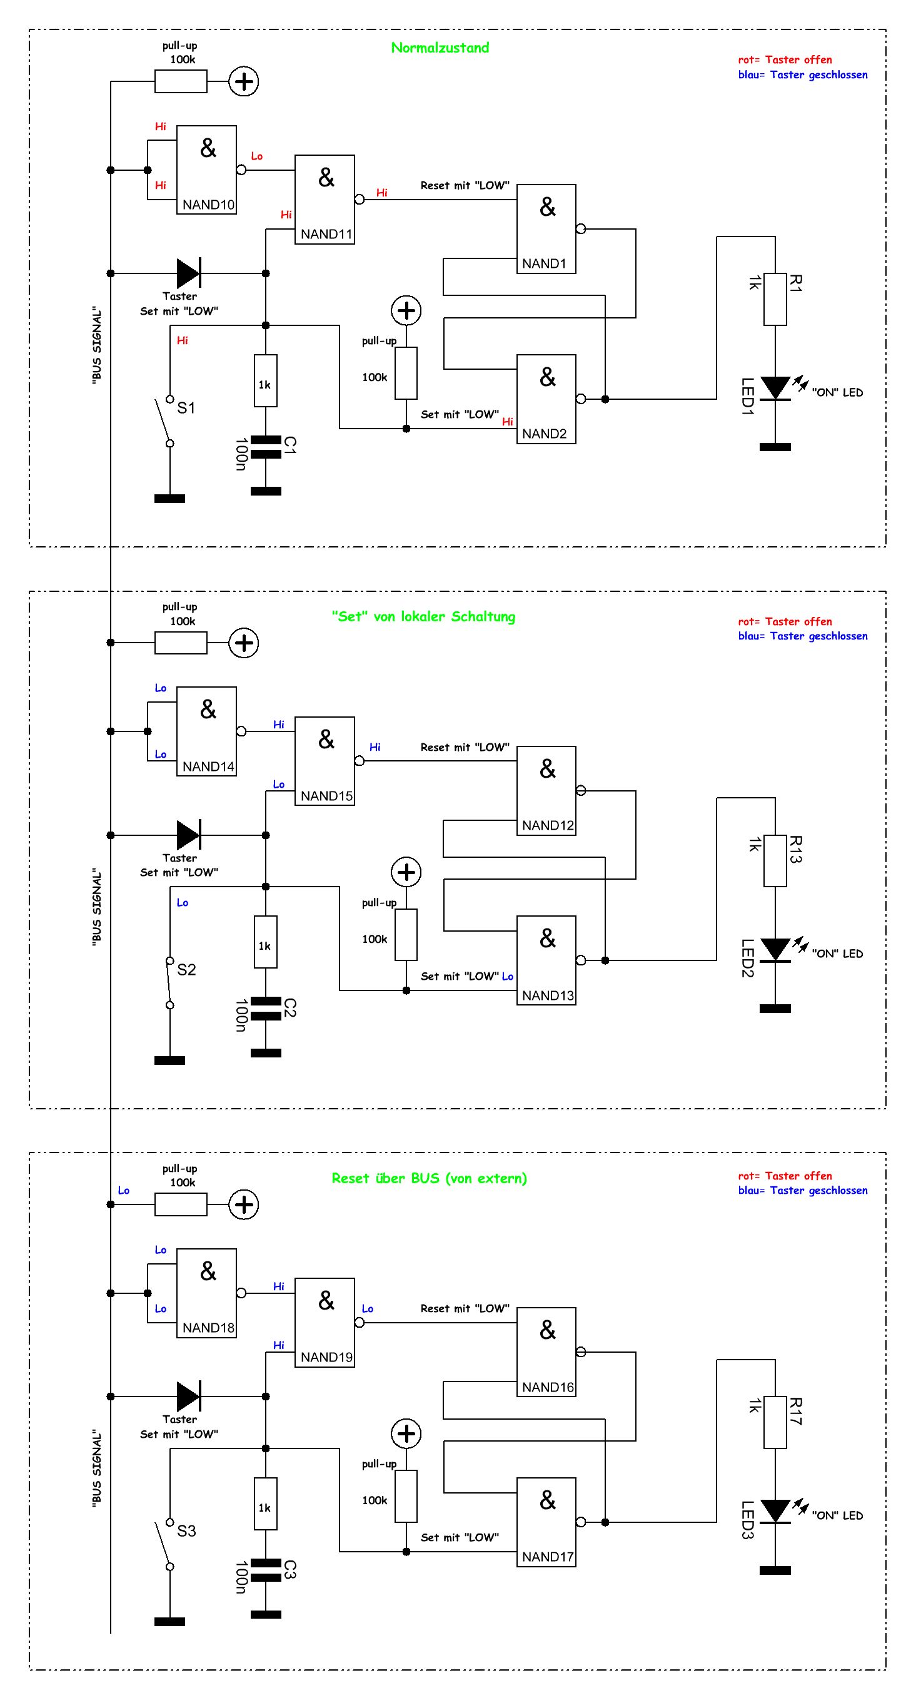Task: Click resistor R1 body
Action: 775,299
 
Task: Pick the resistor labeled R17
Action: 775,1422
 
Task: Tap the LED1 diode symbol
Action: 775,388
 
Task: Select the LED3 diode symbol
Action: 775,1511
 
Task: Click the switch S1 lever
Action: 162,421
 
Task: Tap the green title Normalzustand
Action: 440,48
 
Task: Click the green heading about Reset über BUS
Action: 430,1179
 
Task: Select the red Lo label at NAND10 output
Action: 256,156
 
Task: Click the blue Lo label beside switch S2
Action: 182,903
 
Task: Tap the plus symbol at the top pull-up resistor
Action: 244,82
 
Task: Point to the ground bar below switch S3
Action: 169,1621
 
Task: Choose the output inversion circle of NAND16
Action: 580,1352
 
